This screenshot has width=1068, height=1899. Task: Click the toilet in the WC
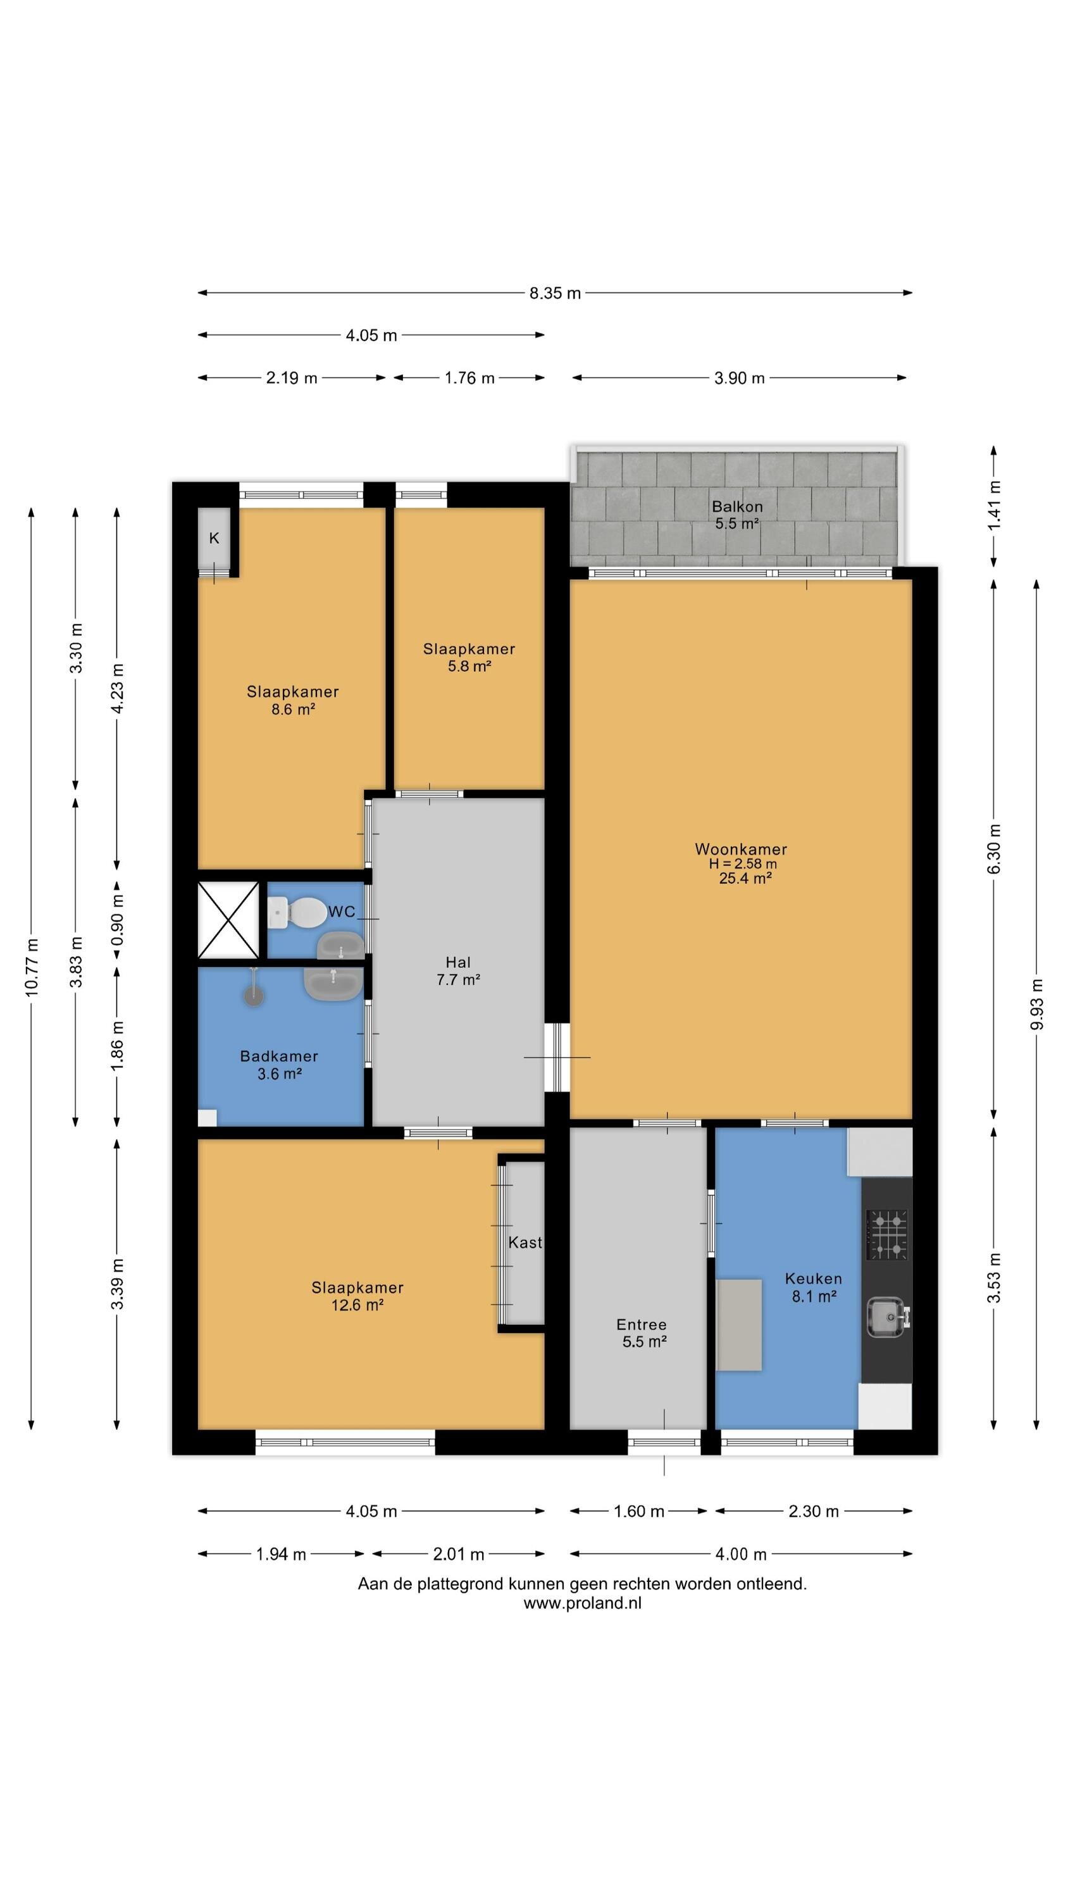click(x=296, y=913)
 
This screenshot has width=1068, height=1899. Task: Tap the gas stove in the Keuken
click(x=886, y=1234)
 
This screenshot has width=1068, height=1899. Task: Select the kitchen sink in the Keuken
click(x=888, y=1317)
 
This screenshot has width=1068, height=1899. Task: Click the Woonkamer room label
click(x=741, y=849)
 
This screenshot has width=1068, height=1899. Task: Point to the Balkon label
click(x=736, y=506)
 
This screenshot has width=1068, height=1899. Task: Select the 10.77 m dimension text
click(x=32, y=968)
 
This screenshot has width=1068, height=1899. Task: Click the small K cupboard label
click(x=214, y=538)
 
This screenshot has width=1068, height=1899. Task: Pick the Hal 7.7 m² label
click(x=457, y=971)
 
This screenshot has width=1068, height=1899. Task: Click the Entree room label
click(x=641, y=1325)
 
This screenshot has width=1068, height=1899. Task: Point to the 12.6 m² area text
click(x=357, y=1305)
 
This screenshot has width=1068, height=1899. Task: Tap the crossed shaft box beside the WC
click(x=228, y=920)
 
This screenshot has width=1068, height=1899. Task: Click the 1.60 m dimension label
click(x=639, y=1511)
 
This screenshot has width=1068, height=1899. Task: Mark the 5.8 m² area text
click(x=469, y=666)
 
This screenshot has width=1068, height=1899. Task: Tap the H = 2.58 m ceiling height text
click(x=743, y=864)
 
